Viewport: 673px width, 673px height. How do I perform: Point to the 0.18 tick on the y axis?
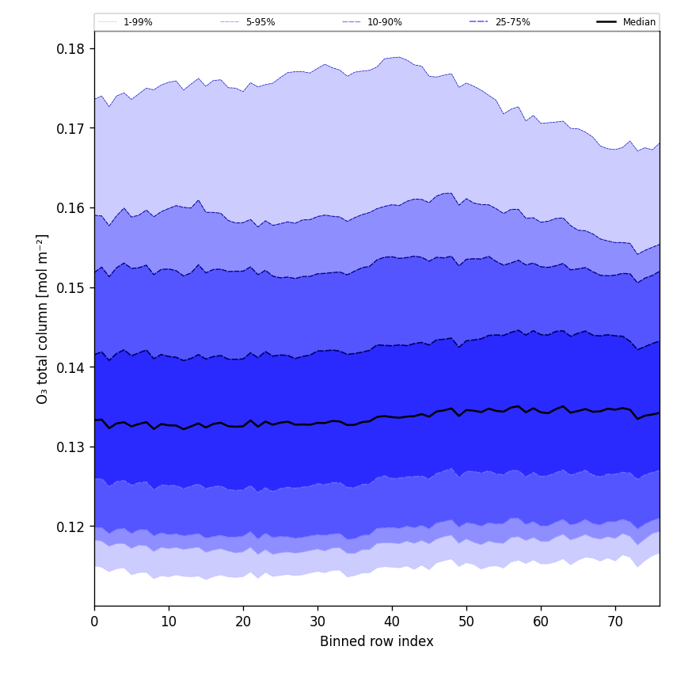point(70,49)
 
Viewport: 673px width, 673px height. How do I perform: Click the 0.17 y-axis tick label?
point(70,128)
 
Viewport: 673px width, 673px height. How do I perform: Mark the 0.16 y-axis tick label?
point(70,208)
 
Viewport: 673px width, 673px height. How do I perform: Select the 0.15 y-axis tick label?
point(70,288)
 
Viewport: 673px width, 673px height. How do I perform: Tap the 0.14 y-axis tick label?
point(70,368)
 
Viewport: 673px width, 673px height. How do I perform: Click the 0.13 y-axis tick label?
point(70,447)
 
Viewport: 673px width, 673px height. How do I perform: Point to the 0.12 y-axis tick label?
point(70,527)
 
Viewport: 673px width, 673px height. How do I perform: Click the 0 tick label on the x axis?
point(94,622)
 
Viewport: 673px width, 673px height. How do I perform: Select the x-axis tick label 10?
point(169,622)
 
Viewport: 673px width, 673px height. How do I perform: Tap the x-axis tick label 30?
point(317,622)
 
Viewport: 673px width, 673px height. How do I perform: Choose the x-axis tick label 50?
point(466,622)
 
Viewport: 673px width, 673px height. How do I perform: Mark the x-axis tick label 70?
point(615,622)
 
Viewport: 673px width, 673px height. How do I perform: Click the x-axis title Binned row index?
point(377,641)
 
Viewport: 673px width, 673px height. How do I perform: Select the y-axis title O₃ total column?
point(43,318)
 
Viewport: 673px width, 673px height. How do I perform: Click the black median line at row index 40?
point(392,416)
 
